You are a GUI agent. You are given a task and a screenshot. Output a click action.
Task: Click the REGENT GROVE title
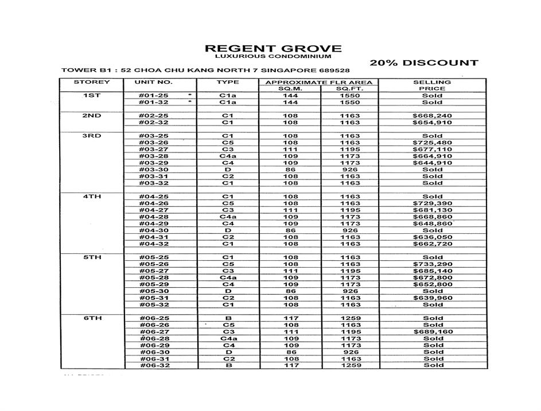(x=273, y=49)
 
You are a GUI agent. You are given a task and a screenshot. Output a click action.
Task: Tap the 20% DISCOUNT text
(x=423, y=63)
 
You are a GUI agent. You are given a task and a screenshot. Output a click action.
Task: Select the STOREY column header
(x=91, y=82)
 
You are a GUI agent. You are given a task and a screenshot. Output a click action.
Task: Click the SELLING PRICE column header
(x=432, y=85)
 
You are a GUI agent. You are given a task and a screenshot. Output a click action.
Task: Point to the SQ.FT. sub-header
(x=349, y=89)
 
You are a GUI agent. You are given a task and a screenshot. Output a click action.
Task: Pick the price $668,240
(x=432, y=116)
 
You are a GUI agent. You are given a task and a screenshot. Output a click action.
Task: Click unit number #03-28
(x=154, y=156)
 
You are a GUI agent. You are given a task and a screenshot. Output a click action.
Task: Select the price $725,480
(x=432, y=143)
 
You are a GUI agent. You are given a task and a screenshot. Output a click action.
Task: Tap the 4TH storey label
(x=91, y=197)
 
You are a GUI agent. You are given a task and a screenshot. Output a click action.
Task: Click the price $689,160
(x=432, y=332)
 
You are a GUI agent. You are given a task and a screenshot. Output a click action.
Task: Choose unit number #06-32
(x=154, y=365)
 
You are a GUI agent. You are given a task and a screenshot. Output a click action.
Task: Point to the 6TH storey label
(x=91, y=318)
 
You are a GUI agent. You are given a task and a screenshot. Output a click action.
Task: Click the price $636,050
(x=432, y=237)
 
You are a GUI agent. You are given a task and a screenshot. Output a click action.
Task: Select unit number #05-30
(x=154, y=291)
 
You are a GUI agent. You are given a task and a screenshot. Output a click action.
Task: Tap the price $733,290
(x=432, y=264)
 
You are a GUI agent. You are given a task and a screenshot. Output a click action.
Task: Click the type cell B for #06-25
(x=228, y=318)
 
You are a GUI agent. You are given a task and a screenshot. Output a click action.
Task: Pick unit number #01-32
(x=154, y=103)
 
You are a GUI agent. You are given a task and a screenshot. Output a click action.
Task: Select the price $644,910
(x=432, y=163)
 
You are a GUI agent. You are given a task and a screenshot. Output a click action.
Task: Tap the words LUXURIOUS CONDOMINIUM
(x=273, y=57)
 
